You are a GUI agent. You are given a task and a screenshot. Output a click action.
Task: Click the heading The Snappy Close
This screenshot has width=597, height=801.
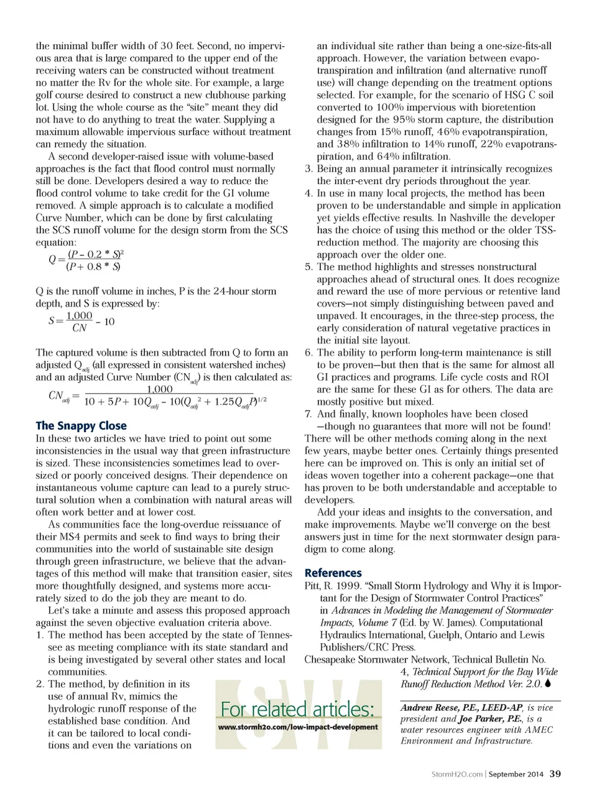(x=81, y=426)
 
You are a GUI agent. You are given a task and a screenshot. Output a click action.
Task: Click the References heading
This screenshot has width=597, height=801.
(x=333, y=573)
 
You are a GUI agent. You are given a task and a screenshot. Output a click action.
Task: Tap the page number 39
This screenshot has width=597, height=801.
(x=555, y=774)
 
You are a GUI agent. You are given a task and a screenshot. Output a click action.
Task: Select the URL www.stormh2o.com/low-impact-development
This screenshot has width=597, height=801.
(x=298, y=726)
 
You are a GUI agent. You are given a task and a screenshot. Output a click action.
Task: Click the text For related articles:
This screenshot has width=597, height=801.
(x=298, y=709)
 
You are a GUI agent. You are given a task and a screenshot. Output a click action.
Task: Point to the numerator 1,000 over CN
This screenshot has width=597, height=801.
(x=79, y=316)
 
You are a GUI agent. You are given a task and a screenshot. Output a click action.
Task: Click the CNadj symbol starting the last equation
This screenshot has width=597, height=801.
(x=59, y=396)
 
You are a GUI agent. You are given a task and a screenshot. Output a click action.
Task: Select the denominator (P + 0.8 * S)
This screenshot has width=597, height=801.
(x=93, y=267)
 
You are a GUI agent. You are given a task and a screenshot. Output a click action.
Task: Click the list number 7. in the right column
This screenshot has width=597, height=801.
(x=308, y=414)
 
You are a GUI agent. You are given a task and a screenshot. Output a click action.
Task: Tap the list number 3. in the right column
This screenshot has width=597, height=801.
(x=308, y=169)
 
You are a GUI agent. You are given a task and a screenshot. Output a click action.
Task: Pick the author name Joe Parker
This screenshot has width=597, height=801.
(x=479, y=719)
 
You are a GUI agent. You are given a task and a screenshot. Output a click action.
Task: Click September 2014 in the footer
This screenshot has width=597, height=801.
(x=516, y=774)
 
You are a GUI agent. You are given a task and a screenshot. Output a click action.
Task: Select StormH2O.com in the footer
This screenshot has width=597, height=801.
(x=457, y=774)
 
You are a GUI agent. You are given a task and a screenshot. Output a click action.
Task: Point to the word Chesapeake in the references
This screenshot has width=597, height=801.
(x=329, y=659)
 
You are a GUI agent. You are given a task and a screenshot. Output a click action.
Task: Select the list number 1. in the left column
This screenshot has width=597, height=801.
(x=39, y=635)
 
